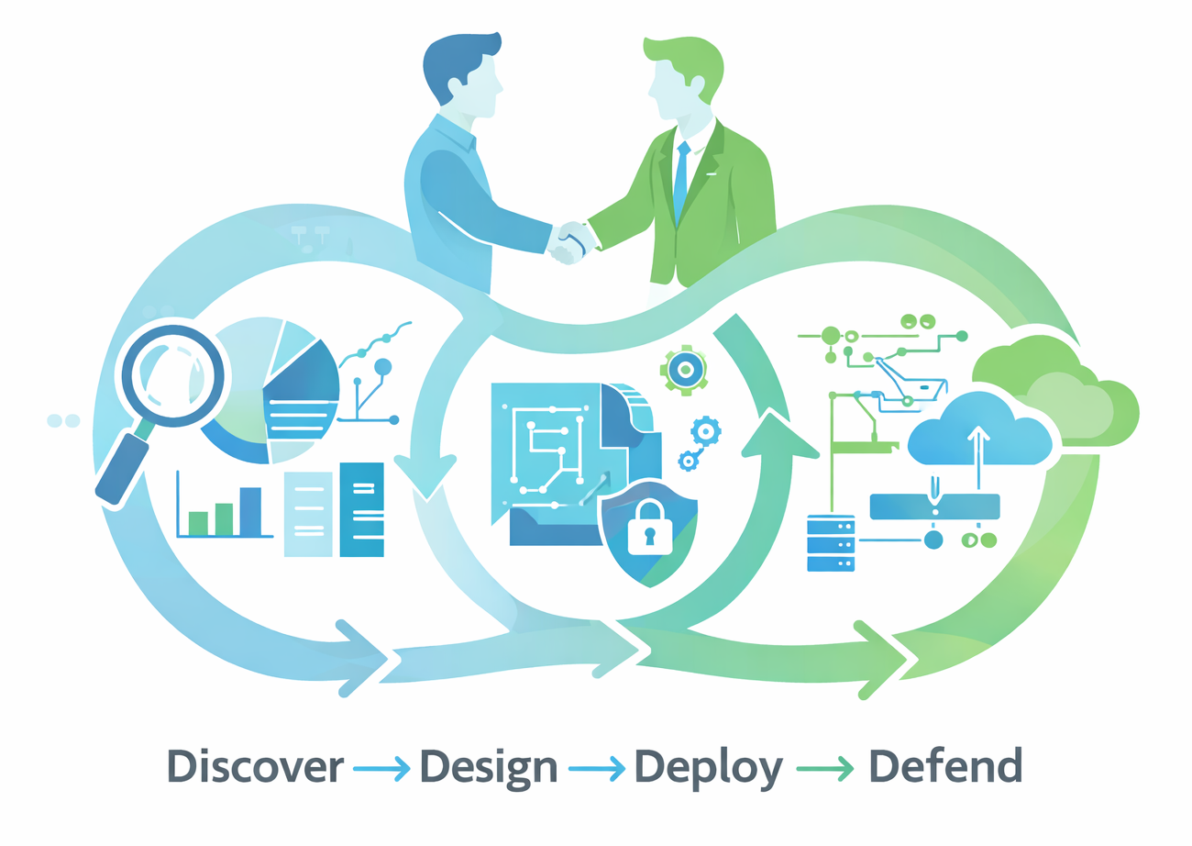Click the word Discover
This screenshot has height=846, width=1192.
click(x=256, y=767)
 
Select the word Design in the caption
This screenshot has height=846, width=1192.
click(x=489, y=769)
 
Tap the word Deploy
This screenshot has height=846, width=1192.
click(x=708, y=769)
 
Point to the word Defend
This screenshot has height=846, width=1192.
click(x=945, y=765)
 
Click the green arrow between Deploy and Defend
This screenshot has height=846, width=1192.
click(x=825, y=768)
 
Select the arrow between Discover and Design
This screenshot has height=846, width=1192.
click(x=381, y=768)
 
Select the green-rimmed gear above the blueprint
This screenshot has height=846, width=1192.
click(x=684, y=370)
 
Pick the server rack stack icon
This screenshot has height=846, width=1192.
click(x=831, y=543)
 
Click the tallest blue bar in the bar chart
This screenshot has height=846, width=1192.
click(x=250, y=511)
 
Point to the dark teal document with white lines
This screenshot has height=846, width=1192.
click(x=362, y=509)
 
